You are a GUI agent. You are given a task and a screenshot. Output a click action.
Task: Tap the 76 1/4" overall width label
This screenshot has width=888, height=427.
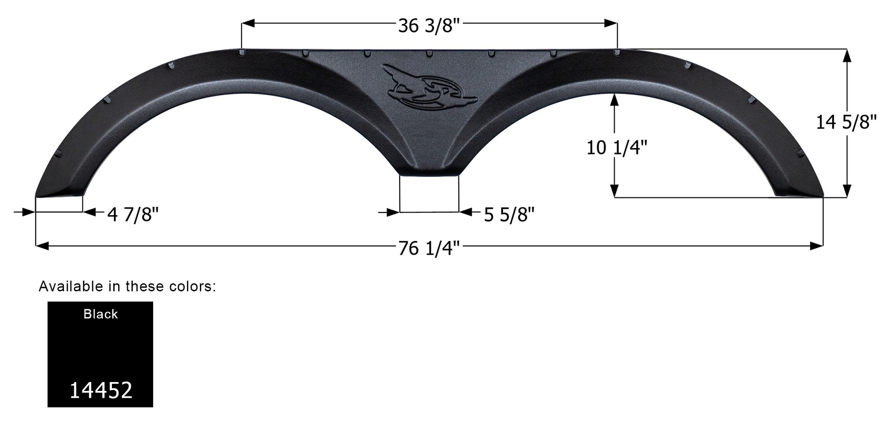click(429, 249)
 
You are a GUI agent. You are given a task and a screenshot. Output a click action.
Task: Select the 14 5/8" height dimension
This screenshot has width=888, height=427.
click(846, 122)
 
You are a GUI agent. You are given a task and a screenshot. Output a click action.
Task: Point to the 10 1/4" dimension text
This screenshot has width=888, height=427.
click(617, 148)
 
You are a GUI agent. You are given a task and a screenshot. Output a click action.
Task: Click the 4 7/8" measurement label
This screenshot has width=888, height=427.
click(133, 214)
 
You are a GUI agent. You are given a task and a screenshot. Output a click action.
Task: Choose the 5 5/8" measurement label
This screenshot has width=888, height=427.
click(509, 214)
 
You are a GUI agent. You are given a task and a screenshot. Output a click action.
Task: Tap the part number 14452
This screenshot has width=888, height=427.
click(100, 390)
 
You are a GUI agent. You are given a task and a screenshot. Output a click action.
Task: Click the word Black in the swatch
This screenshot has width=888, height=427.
click(100, 314)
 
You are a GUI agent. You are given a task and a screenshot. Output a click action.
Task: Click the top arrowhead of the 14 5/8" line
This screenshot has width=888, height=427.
click(847, 55)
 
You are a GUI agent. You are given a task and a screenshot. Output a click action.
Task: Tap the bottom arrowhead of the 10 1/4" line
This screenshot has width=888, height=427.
click(614, 191)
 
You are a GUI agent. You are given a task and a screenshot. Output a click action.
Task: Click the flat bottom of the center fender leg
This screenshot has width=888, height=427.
click(429, 174)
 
